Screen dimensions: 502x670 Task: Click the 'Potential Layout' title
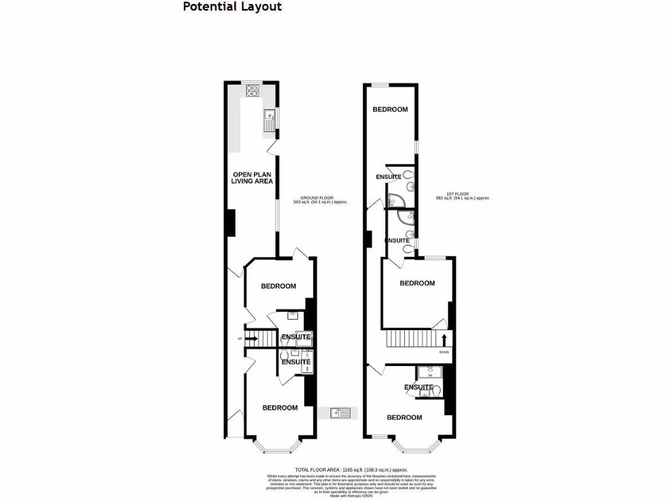232,7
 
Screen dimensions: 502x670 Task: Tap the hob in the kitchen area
253,91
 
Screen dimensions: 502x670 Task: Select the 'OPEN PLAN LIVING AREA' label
252,178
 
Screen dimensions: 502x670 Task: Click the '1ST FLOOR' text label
463,196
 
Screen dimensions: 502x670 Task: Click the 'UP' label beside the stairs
239,339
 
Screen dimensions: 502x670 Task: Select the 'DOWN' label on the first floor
444,352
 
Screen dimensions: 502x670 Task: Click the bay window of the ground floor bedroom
277,447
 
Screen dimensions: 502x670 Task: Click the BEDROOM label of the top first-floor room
391,110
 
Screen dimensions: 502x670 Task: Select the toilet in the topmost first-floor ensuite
409,175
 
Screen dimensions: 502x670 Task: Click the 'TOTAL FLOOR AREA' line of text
351,470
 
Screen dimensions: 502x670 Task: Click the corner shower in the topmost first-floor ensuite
397,201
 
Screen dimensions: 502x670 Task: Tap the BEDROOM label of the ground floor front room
280,408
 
